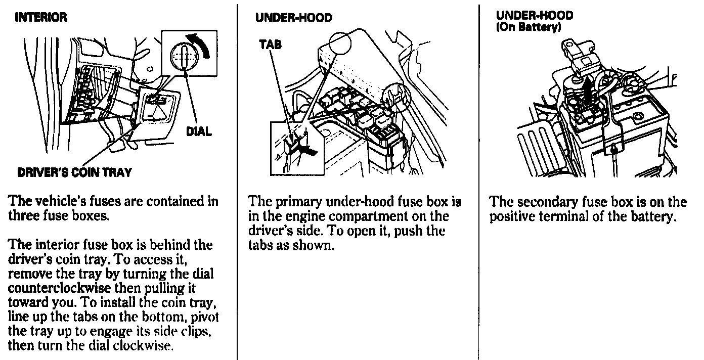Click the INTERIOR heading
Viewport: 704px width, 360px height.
41,18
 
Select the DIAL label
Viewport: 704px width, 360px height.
198,131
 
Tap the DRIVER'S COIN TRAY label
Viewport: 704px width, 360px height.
74,172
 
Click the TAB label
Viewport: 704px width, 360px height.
270,44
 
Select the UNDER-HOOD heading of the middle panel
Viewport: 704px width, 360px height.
293,18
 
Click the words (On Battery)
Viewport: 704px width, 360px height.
528,27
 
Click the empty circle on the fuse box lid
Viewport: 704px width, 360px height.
340,45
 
